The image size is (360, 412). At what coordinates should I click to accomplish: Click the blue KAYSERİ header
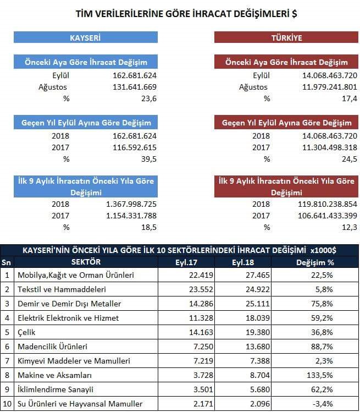click(86, 37)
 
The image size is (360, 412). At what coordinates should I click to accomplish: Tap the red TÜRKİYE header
click(286, 37)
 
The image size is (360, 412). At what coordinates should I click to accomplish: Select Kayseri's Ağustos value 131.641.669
click(135, 87)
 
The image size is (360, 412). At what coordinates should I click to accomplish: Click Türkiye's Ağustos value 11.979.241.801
click(330, 87)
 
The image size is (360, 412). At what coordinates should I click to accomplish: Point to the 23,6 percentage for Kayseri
click(149, 99)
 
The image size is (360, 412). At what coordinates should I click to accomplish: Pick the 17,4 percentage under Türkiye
click(350, 99)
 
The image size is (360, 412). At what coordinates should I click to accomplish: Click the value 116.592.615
click(135, 147)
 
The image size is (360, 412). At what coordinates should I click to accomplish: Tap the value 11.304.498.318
click(330, 147)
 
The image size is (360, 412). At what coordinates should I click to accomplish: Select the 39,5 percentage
click(149, 159)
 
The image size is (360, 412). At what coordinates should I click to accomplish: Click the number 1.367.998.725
click(131, 204)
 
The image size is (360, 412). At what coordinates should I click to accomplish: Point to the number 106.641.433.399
click(328, 216)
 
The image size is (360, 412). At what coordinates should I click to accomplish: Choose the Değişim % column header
click(315, 262)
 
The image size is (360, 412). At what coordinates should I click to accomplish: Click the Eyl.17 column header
click(186, 262)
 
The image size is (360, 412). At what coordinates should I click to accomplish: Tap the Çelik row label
click(26, 332)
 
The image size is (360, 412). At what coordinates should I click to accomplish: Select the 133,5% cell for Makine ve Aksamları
click(319, 375)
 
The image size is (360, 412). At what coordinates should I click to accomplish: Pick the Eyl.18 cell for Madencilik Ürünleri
click(258, 347)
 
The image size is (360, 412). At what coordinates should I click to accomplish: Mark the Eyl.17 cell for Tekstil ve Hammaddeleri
click(201, 289)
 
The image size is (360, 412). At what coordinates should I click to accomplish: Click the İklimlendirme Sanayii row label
click(56, 389)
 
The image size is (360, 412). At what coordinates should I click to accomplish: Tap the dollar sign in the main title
click(295, 14)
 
